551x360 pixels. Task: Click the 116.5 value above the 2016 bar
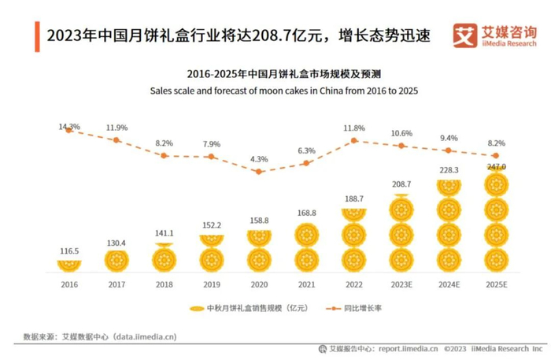click(69, 251)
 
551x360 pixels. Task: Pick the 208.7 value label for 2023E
click(401, 183)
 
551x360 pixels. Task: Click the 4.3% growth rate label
click(258, 160)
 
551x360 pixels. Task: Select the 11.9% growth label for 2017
click(116, 128)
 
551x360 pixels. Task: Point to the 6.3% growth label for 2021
click(306, 150)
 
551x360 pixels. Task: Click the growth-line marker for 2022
click(354, 140)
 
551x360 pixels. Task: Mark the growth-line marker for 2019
click(211, 157)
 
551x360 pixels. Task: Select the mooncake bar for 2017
click(116, 260)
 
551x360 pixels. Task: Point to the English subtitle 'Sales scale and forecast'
click(283, 91)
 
